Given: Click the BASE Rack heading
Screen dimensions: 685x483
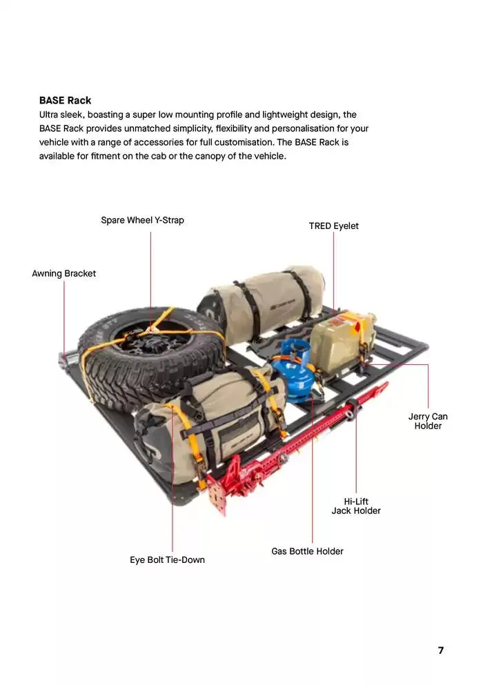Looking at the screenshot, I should (x=65, y=100).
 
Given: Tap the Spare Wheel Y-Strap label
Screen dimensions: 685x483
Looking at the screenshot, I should (x=142, y=220).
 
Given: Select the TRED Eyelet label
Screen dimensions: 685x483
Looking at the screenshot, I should (x=333, y=226).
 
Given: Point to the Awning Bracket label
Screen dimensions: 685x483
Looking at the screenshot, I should (x=63, y=273).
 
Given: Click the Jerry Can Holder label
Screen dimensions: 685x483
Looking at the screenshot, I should (x=428, y=421).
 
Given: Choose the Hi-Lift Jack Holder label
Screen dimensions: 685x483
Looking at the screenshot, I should (x=356, y=506).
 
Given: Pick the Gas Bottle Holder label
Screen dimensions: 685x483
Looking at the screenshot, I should (x=307, y=551).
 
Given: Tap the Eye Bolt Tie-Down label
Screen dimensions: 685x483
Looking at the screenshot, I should (x=167, y=559).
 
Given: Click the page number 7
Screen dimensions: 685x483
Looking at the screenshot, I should (x=440, y=651).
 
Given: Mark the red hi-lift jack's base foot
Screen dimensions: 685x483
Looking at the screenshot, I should (x=219, y=494).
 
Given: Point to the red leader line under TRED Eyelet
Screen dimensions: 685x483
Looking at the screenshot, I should (x=334, y=269).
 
